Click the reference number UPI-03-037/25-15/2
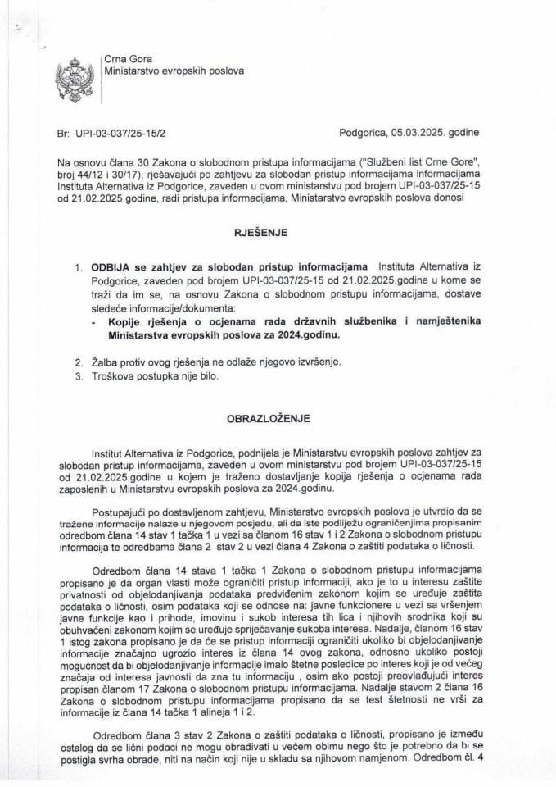125,130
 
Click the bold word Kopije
125,321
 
